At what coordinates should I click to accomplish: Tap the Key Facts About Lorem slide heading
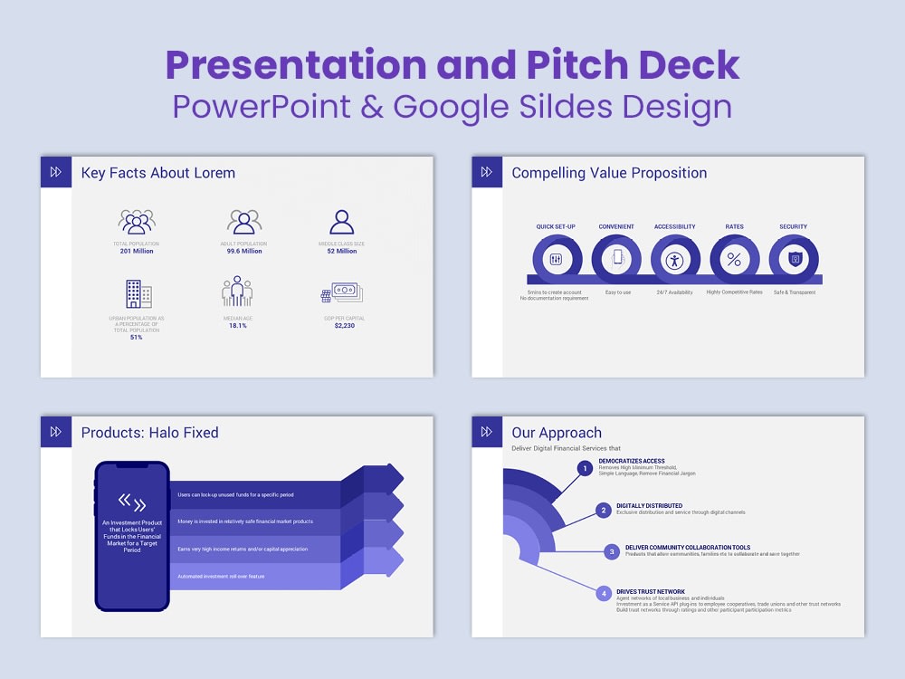click(x=158, y=173)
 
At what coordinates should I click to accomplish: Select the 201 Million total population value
click(x=137, y=251)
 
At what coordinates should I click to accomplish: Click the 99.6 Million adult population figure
click(x=244, y=251)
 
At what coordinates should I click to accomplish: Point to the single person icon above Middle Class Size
click(x=341, y=222)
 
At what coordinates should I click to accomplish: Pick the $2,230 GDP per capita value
click(x=345, y=325)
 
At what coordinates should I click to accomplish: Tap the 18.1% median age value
click(x=236, y=325)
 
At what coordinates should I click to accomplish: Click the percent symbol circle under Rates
click(x=734, y=260)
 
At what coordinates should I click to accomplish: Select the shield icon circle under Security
click(x=794, y=260)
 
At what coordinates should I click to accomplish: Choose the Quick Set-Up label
click(x=556, y=226)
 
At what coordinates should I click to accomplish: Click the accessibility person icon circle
click(x=674, y=260)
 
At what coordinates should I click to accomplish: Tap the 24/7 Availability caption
click(x=674, y=292)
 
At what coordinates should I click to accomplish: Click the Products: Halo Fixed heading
click(x=150, y=433)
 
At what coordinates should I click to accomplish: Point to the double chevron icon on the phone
click(x=132, y=502)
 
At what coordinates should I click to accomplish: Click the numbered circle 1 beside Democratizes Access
click(x=586, y=468)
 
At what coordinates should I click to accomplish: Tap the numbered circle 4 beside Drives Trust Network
click(x=604, y=594)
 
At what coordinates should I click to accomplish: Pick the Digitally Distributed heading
click(x=650, y=506)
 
